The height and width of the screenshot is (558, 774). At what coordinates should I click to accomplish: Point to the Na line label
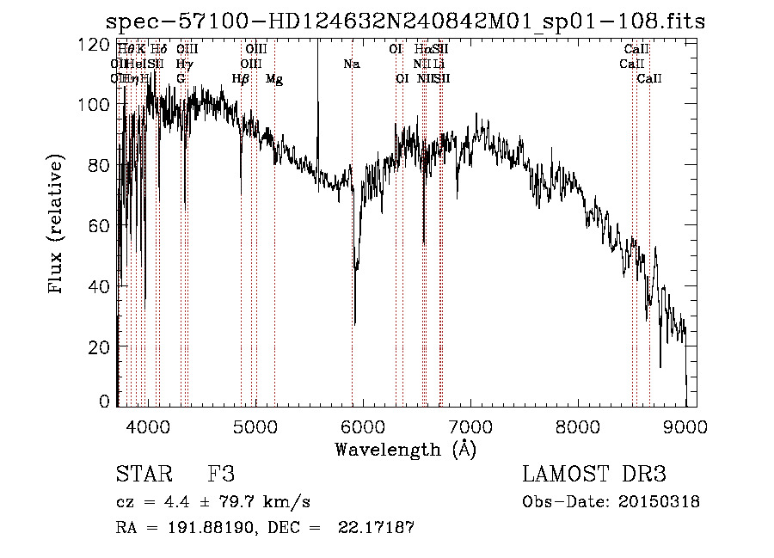coord(351,64)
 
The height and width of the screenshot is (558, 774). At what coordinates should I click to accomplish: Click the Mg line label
coord(274,79)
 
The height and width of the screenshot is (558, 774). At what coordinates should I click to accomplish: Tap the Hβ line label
coord(241,79)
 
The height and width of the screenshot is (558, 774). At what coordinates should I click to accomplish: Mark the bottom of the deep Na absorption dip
coord(354,324)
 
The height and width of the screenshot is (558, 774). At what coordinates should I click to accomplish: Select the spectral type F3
coord(221,475)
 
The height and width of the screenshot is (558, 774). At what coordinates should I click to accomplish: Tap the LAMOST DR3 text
coord(594,475)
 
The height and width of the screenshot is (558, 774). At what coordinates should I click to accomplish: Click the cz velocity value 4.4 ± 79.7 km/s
coord(231,502)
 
